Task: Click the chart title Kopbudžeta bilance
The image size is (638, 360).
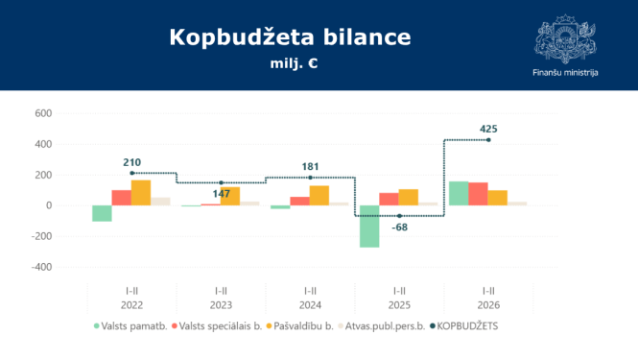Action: pos(290,37)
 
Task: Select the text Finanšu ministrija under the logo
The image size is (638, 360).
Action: pos(565,73)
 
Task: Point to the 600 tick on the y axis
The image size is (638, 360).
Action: pos(42,113)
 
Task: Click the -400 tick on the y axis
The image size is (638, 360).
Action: pos(40,267)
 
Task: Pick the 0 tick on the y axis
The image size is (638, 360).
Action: pos(47,205)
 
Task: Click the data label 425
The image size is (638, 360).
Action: pos(489,129)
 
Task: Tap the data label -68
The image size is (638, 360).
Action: pos(400,227)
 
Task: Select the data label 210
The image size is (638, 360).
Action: pos(132,162)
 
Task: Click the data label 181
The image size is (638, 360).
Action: pos(311,166)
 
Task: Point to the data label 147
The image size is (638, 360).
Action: pos(222,193)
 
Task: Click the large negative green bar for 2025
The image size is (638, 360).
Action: pos(369,227)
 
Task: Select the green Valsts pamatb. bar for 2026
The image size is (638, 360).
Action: pos(459,193)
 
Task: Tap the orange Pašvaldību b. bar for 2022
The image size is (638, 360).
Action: pos(141,193)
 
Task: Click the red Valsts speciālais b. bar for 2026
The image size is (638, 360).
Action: pos(478,194)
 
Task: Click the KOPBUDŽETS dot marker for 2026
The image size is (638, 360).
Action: pos(489,140)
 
